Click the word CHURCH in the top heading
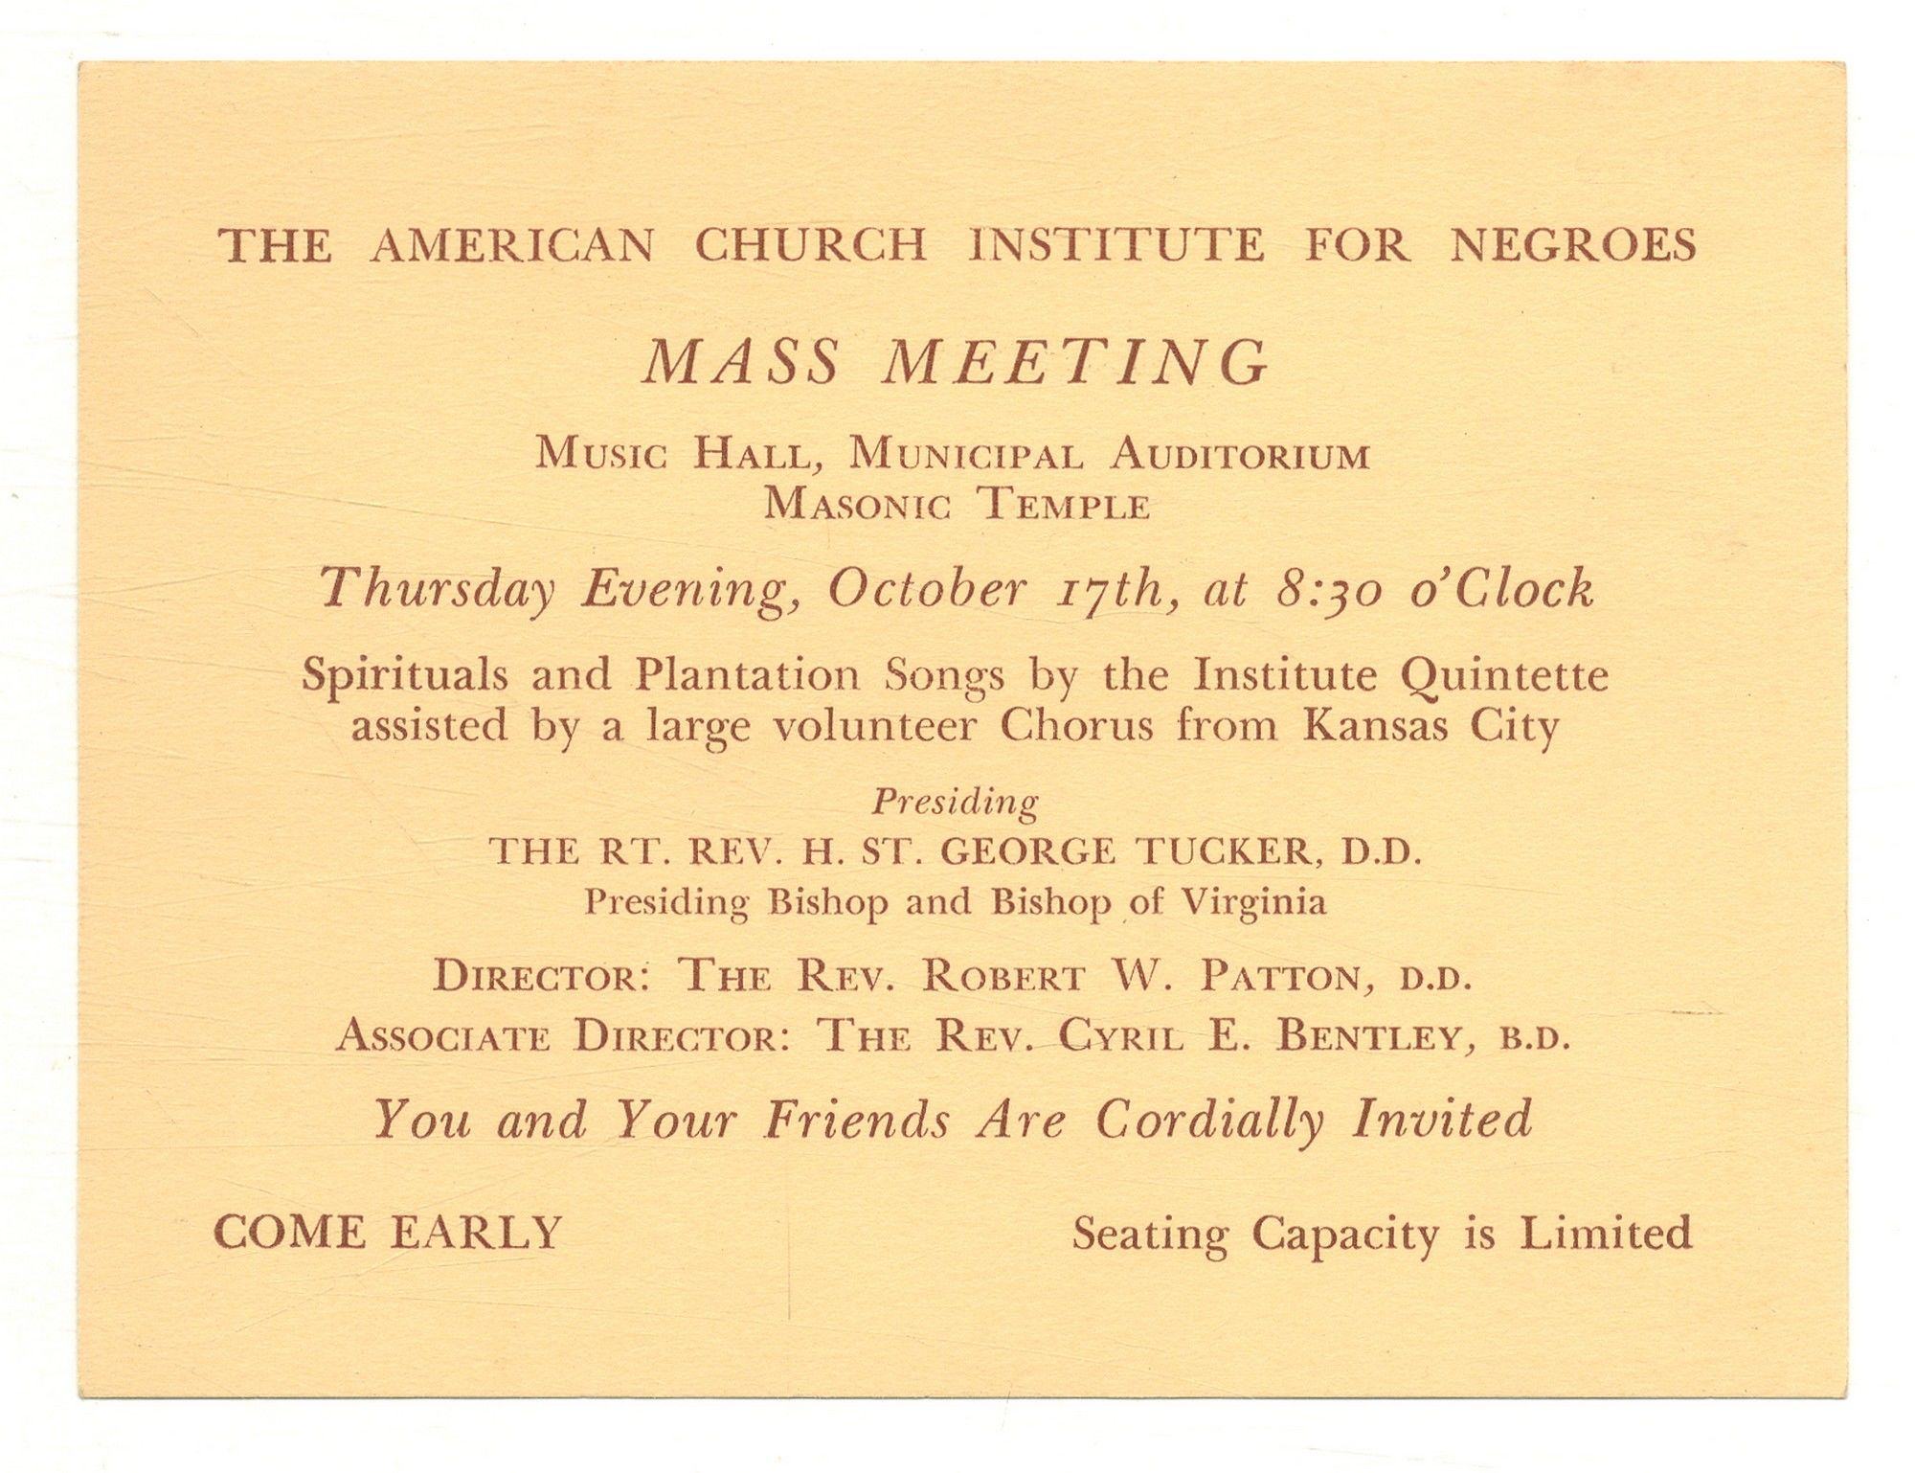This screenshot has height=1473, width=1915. [x=810, y=246]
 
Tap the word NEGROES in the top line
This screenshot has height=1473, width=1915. [x=1573, y=246]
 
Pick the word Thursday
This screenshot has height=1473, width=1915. [x=437, y=589]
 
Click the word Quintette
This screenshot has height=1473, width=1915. [x=1504, y=676]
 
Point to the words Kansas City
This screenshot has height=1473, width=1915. [x=1431, y=726]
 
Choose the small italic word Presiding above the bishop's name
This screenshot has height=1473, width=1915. [x=955, y=802]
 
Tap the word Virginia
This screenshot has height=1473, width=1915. [x=1255, y=902]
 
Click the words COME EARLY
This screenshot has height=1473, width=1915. [x=387, y=1233]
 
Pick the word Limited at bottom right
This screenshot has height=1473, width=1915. [x=1606, y=1233]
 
